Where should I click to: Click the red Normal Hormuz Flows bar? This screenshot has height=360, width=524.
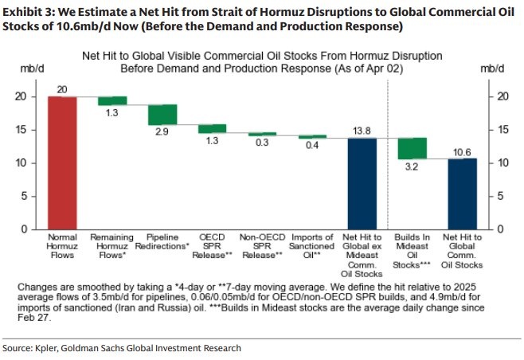pyautogui.click(x=62, y=162)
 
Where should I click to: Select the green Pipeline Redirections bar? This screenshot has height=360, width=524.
pyautogui.click(x=162, y=115)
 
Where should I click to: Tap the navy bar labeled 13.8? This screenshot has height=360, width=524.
pyautogui.click(x=362, y=183)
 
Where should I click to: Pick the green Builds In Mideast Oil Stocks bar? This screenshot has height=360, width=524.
pyautogui.click(x=413, y=148)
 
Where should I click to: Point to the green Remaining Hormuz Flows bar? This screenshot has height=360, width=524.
pyautogui.click(x=112, y=100)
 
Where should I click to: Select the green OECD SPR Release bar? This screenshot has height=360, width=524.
pyautogui.click(x=212, y=128)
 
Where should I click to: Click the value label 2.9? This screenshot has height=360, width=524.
pyautogui.click(x=162, y=131)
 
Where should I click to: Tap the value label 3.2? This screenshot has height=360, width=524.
pyautogui.click(x=413, y=167)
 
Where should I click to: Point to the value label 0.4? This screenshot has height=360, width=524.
pyautogui.click(x=312, y=146)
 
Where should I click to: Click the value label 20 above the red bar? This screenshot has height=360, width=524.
pyautogui.click(x=62, y=89)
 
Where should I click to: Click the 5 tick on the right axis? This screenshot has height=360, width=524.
pyautogui.click(x=499, y=196)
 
